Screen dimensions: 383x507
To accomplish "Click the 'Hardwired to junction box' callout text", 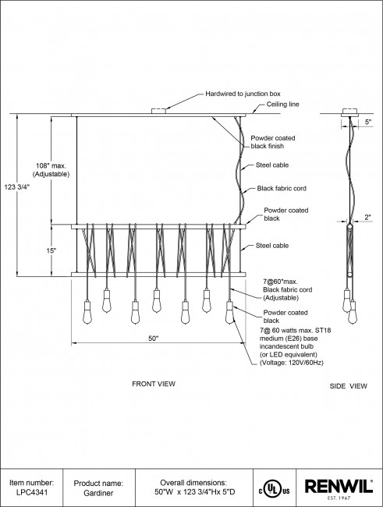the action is (243, 94).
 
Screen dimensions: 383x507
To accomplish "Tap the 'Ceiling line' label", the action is (282, 104).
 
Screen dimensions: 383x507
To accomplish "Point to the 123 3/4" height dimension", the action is (17, 186).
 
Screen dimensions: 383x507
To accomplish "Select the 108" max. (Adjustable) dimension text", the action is (51, 170).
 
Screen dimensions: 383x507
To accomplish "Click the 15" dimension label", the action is (51, 250).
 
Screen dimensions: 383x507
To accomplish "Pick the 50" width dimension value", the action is (154, 339).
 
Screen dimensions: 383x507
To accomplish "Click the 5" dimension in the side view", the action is (368, 122).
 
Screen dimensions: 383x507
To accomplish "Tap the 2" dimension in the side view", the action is (368, 218).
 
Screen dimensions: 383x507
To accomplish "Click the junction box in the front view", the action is (158, 111).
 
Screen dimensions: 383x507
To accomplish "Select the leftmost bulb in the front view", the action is (87, 312).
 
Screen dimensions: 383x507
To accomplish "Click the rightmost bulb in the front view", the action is (230, 312).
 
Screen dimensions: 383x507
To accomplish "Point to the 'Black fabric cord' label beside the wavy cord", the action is (282, 188).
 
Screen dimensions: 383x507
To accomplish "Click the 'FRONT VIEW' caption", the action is (154, 384).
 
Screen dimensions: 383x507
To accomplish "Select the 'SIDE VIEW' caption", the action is (349, 386).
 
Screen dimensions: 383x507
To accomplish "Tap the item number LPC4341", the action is (32, 492).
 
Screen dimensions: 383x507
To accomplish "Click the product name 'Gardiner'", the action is (98, 493).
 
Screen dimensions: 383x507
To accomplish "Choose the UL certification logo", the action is (274, 488).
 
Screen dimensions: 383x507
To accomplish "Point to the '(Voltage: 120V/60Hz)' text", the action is (292, 363).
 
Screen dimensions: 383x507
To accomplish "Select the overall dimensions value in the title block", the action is (195, 492).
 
